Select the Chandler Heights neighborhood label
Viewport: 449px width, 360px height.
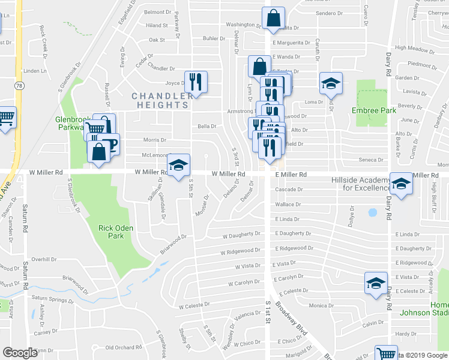pyautogui.click(x=162, y=100)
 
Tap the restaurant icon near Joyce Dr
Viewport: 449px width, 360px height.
pyautogui.click(x=196, y=82)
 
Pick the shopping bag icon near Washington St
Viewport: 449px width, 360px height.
pyautogui.click(x=273, y=20)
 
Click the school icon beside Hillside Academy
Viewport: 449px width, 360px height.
pyautogui.click(x=401, y=183)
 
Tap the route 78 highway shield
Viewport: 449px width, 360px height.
pyautogui.click(x=20, y=86)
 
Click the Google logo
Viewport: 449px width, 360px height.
pyautogui.click(x=20, y=353)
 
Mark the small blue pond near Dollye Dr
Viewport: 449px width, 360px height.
pyautogui.click(x=372, y=212)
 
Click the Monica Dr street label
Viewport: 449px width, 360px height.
pyautogui.click(x=321, y=305)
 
